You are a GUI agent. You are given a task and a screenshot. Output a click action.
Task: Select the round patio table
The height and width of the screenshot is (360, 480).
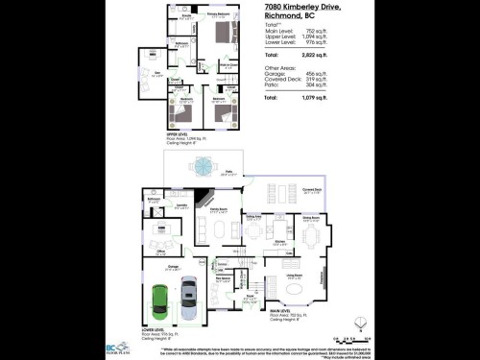pyautogui.click(x=204, y=166)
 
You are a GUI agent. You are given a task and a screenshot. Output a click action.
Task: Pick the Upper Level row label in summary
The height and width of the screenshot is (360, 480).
pyautogui.click(x=280, y=37)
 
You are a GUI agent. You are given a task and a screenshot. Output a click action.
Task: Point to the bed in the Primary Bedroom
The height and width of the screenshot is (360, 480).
pyautogui.click(x=225, y=36)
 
